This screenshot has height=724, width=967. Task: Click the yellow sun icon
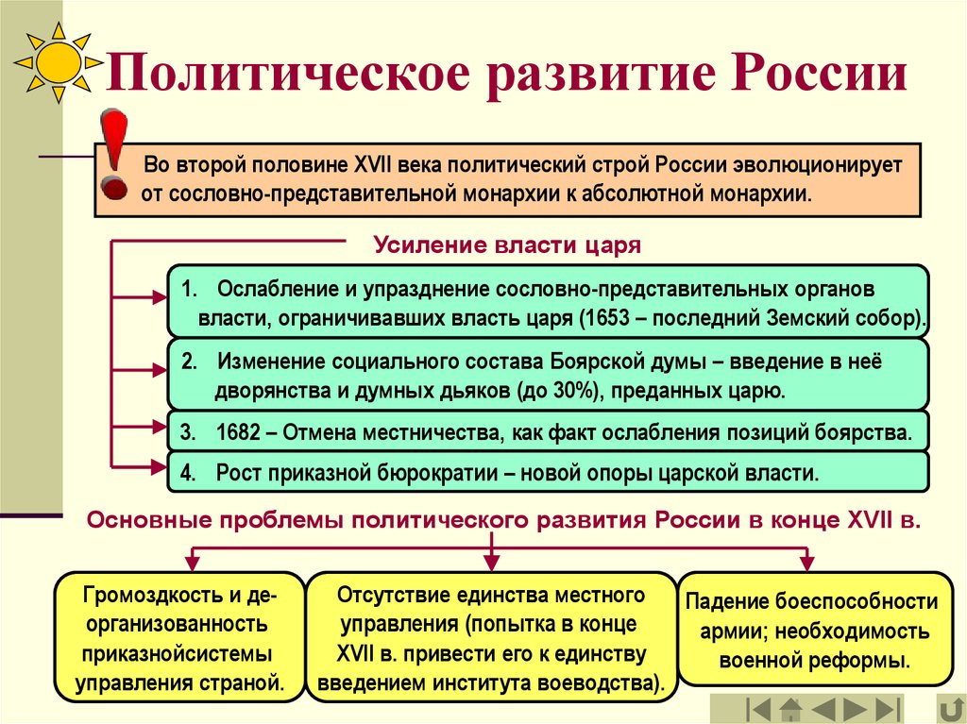click(59, 62)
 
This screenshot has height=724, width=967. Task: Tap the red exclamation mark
click(114, 155)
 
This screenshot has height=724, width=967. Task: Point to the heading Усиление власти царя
click(507, 245)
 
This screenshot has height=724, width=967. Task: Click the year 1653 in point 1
click(605, 317)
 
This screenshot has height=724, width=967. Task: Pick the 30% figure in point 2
click(571, 391)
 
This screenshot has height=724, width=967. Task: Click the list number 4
click(188, 473)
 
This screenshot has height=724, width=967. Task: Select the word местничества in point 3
click(430, 432)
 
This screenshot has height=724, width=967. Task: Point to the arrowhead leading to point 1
click(159, 297)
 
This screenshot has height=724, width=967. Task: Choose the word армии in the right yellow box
click(733, 632)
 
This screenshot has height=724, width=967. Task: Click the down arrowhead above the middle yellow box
click(491, 562)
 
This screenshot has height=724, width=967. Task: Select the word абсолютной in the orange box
click(641, 194)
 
